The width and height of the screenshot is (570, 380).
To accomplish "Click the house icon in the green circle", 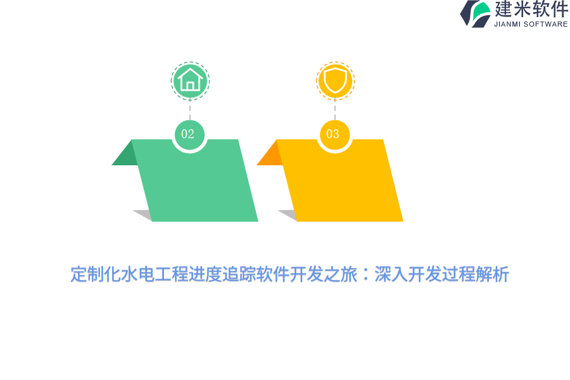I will (190, 80).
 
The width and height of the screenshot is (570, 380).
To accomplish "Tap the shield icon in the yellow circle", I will (335, 80).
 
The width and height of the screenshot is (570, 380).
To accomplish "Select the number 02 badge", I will (189, 134).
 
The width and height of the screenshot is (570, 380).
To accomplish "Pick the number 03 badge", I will (334, 134).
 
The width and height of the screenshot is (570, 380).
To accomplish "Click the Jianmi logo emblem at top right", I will (476, 13).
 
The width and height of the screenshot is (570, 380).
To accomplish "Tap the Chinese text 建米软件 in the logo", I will (531, 9).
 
